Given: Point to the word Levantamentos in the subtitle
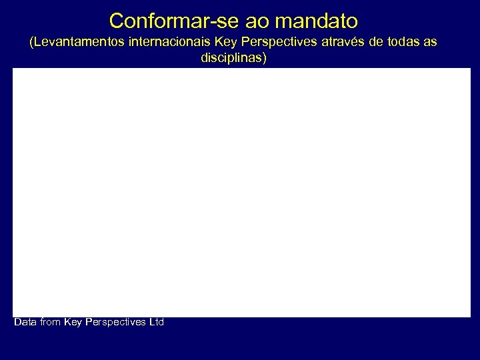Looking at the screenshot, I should pos(81,42).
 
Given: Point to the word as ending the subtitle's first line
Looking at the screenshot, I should pos(430,42).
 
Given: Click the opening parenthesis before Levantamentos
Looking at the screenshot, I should pos(32,42).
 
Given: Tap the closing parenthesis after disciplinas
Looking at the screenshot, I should pos(264,58).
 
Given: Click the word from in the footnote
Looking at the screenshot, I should pos(51,323).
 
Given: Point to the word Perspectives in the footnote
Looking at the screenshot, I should pos(115,323).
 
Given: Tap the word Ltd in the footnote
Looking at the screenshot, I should pos(156,323).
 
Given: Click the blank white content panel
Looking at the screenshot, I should pos(241,192).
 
